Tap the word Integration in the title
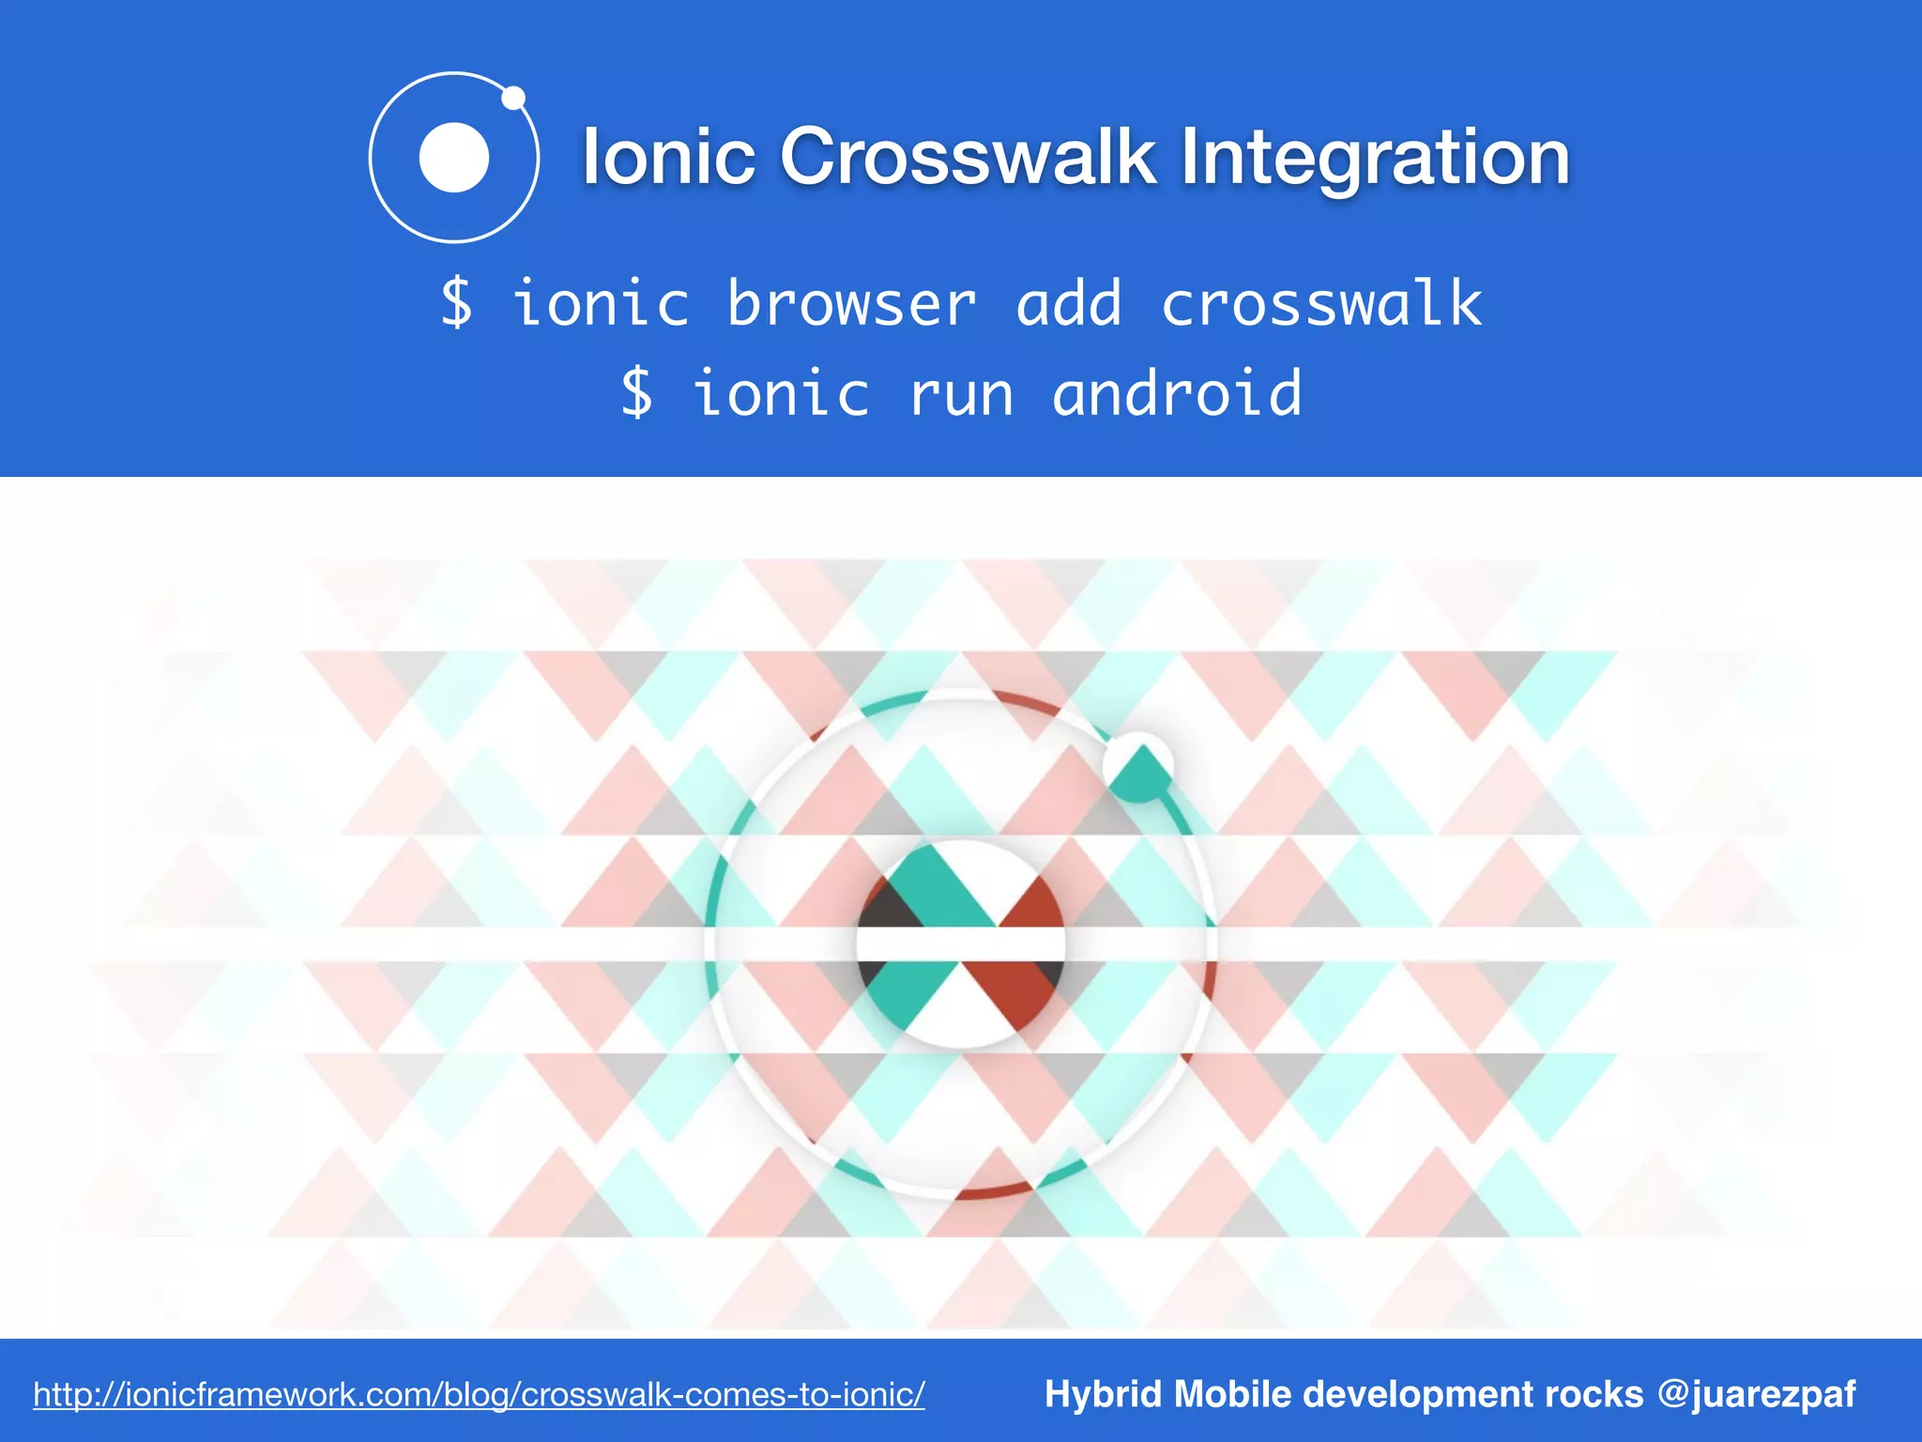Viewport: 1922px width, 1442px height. pos(1375,157)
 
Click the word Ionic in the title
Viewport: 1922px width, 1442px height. pos(668,157)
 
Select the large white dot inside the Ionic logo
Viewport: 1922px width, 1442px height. pos(454,158)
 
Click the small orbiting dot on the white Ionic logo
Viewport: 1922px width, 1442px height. pos(513,98)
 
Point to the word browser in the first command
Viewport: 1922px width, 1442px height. pos(852,304)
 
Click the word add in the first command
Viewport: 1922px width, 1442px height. pos(1069,304)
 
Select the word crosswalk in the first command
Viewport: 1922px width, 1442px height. pos(1321,304)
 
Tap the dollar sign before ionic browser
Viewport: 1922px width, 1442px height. pos(457,304)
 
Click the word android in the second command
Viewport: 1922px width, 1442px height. pos(1177,393)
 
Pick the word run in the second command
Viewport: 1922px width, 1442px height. pos(961,393)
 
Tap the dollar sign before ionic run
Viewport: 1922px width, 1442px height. pos(637,393)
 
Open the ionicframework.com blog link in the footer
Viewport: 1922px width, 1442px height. pos(479,1394)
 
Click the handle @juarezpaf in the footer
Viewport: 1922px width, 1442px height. pos(1756,1394)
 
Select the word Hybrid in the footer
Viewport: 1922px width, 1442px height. pos(1104,1394)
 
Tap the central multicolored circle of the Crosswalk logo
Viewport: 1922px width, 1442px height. pos(960,943)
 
